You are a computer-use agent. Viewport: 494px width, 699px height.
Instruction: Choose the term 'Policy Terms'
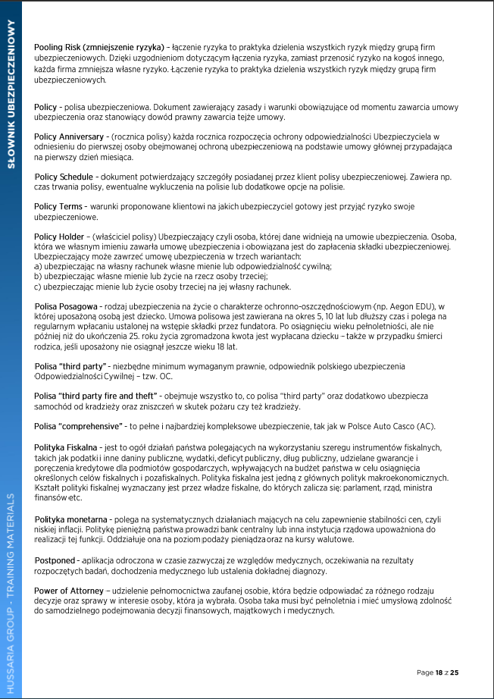coord(59,206)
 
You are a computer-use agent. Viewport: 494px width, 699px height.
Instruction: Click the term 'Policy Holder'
coord(61,237)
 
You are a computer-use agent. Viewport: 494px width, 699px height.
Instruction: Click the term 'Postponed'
coord(55,560)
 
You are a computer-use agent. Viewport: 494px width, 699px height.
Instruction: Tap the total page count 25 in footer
coord(455,672)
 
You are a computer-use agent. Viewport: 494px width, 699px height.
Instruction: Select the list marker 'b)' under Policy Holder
coord(39,277)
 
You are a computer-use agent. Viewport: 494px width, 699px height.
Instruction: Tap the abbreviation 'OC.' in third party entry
coord(165,376)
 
